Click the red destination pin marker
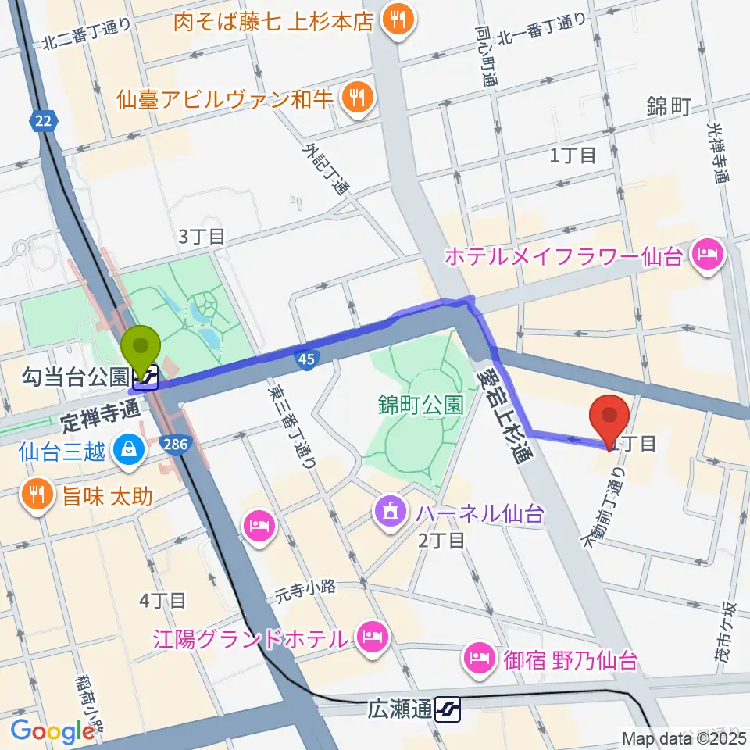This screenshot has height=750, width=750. coord(612,417)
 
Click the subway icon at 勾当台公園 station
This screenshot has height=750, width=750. coord(148,378)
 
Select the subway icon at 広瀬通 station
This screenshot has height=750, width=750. coord(450,709)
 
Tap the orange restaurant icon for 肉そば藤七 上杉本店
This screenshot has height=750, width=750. coord(396,21)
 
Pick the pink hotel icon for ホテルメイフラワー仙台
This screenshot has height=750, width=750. coord(709,255)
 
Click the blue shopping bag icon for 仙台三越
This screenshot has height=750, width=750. coord(125,450)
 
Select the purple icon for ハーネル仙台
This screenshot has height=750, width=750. coord(388,513)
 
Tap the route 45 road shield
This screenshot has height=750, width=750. coord(305,358)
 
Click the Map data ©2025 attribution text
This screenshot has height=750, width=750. coord(683,737)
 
